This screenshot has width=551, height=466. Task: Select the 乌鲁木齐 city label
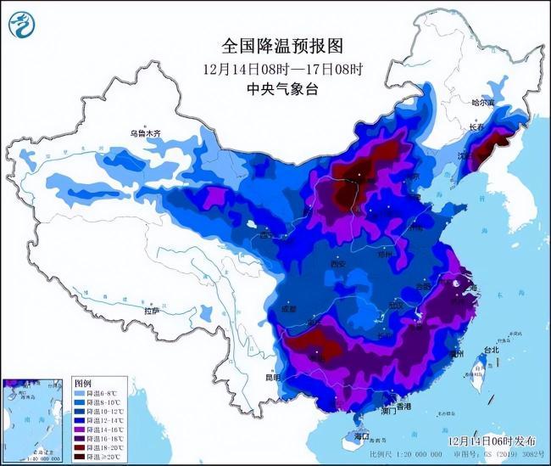point(145,133)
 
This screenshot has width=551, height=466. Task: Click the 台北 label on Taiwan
point(490,349)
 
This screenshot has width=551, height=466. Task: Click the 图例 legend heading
point(82,384)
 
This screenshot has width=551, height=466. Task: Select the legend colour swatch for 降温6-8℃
point(81,394)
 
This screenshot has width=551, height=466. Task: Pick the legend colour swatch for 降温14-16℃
point(81,430)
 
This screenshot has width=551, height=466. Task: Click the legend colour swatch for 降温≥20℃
point(81,457)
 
